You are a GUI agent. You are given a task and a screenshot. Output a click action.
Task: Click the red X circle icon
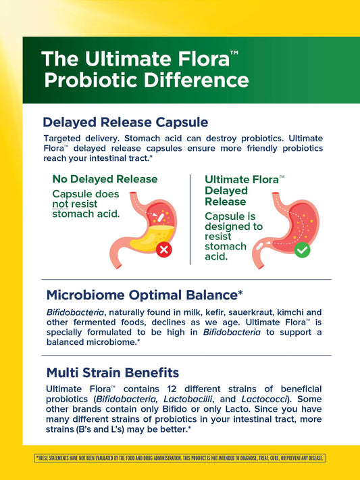(163, 249)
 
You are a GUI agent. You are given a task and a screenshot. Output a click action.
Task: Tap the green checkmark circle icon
(302, 250)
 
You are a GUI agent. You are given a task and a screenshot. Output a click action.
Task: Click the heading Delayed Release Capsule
(126, 122)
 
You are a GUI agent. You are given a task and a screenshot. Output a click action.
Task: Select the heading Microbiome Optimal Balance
(145, 295)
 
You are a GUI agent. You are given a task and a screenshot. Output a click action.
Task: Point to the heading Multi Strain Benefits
(113, 373)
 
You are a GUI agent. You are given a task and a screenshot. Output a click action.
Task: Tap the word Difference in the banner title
(196, 80)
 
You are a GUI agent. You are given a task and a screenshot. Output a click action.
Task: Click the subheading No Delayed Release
(105, 179)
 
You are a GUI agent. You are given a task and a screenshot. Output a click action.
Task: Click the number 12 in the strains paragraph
(172, 389)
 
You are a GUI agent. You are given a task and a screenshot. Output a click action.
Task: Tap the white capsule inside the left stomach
(160, 217)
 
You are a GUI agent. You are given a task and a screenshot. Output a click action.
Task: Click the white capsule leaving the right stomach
(259, 247)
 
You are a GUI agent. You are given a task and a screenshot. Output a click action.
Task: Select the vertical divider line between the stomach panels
(190, 220)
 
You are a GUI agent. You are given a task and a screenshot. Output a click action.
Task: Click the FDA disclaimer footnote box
(180, 458)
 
